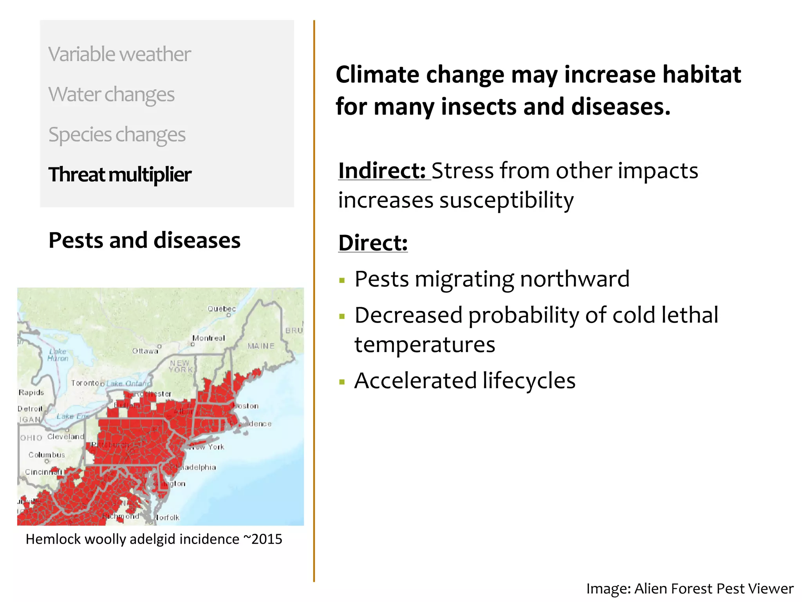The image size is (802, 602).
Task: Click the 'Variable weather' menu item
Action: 119,54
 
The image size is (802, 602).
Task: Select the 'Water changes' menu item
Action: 111,94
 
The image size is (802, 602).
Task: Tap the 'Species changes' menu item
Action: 117,135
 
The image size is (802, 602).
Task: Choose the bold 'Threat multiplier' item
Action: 120,175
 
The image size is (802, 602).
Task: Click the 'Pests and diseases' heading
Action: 145,240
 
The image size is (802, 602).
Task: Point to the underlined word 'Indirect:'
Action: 382,171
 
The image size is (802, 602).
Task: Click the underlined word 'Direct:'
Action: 373,243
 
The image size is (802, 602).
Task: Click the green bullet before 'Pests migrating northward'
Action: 342,281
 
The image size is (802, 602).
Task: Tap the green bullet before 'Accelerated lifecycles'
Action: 342,382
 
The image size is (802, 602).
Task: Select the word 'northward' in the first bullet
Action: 574,279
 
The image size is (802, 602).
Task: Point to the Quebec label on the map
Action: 222,309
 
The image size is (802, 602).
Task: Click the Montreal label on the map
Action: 209,338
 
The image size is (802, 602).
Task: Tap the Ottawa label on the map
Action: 145,351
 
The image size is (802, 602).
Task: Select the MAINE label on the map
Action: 261,346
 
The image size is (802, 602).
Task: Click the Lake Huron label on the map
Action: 58,355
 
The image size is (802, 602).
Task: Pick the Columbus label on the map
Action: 47,455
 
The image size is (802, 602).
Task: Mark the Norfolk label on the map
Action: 166,518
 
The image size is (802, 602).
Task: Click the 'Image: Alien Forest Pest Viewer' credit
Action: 690,589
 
